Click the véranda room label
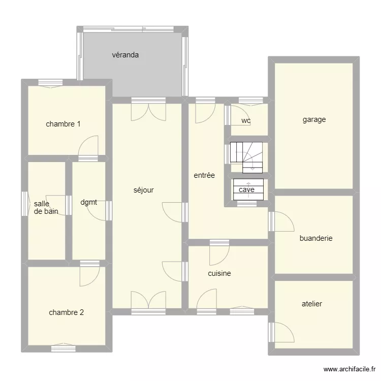[125, 55]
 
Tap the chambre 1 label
[63, 124]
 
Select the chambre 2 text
[67, 312]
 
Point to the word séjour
[144, 190]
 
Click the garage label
[314, 119]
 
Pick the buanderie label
[316, 238]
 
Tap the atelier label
[312, 304]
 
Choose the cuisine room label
[219, 273]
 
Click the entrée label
[204, 175]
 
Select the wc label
[246, 121]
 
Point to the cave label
[246, 189]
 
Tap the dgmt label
[89, 202]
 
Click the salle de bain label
[46, 207]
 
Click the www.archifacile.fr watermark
[350, 369]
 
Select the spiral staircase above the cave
[246, 157]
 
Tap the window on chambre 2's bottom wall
[63, 348]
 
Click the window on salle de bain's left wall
[25, 204]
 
